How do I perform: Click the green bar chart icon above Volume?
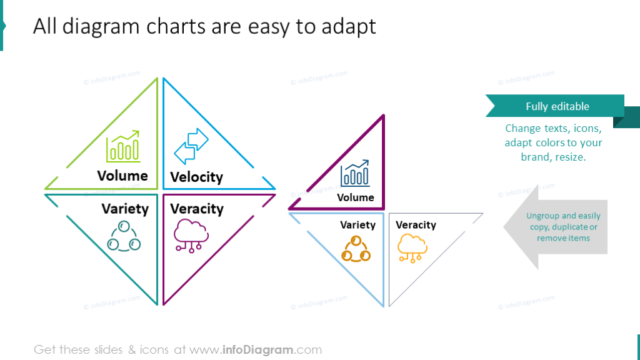(x=123, y=147)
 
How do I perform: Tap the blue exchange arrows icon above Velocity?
(x=191, y=146)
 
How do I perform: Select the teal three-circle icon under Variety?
(x=123, y=236)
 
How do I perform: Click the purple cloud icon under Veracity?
(x=191, y=235)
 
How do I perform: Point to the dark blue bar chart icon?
(x=355, y=174)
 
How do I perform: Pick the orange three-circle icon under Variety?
(x=356, y=249)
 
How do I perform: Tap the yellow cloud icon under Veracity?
(x=412, y=247)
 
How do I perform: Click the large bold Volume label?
(x=122, y=176)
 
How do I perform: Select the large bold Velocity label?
(x=196, y=177)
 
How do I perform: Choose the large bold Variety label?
(x=125, y=209)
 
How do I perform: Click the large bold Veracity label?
(x=196, y=209)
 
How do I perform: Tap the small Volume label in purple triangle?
(x=356, y=197)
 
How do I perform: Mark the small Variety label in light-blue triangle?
(x=357, y=225)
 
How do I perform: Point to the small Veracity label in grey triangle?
(x=416, y=225)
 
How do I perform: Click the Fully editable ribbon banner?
(x=557, y=106)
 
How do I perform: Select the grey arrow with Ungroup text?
(x=556, y=227)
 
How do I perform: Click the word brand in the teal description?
(x=534, y=157)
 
